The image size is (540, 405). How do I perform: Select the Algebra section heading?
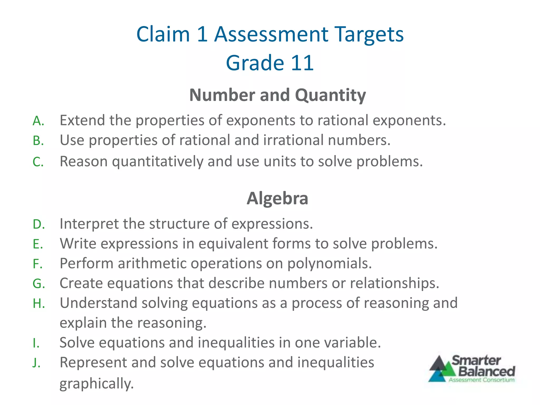tap(277, 199)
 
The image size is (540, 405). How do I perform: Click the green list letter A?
tap(38, 121)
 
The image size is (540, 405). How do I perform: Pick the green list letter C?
tap(38, 162)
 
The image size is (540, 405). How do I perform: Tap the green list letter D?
tap(38, 224)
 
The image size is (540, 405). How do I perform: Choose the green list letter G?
tap(38, 284)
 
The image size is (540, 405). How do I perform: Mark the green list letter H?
tap(38, 303)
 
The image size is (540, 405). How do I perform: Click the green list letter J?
tap(36, 363)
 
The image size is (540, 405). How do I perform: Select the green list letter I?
tap(36, 343)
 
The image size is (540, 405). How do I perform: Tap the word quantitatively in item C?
tap(157, 161)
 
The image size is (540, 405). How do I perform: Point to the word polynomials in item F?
tap(329, 263)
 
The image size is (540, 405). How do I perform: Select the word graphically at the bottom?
tap(97, 384)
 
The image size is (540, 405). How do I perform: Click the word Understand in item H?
tap(98, 303)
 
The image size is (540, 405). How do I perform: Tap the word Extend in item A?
tap(82, 120)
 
